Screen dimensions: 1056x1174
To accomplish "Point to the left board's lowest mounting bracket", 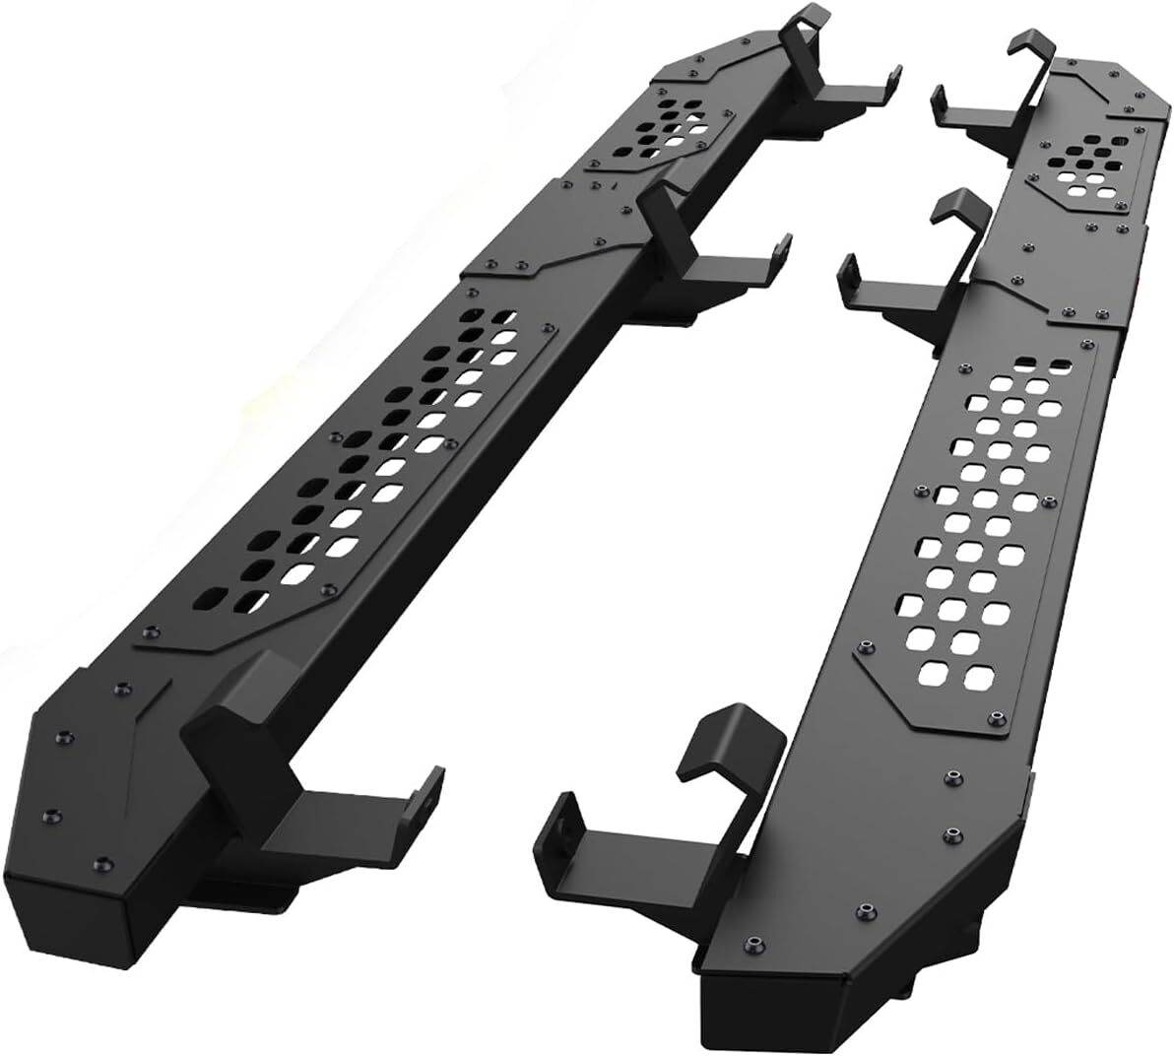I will click(315, 788).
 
